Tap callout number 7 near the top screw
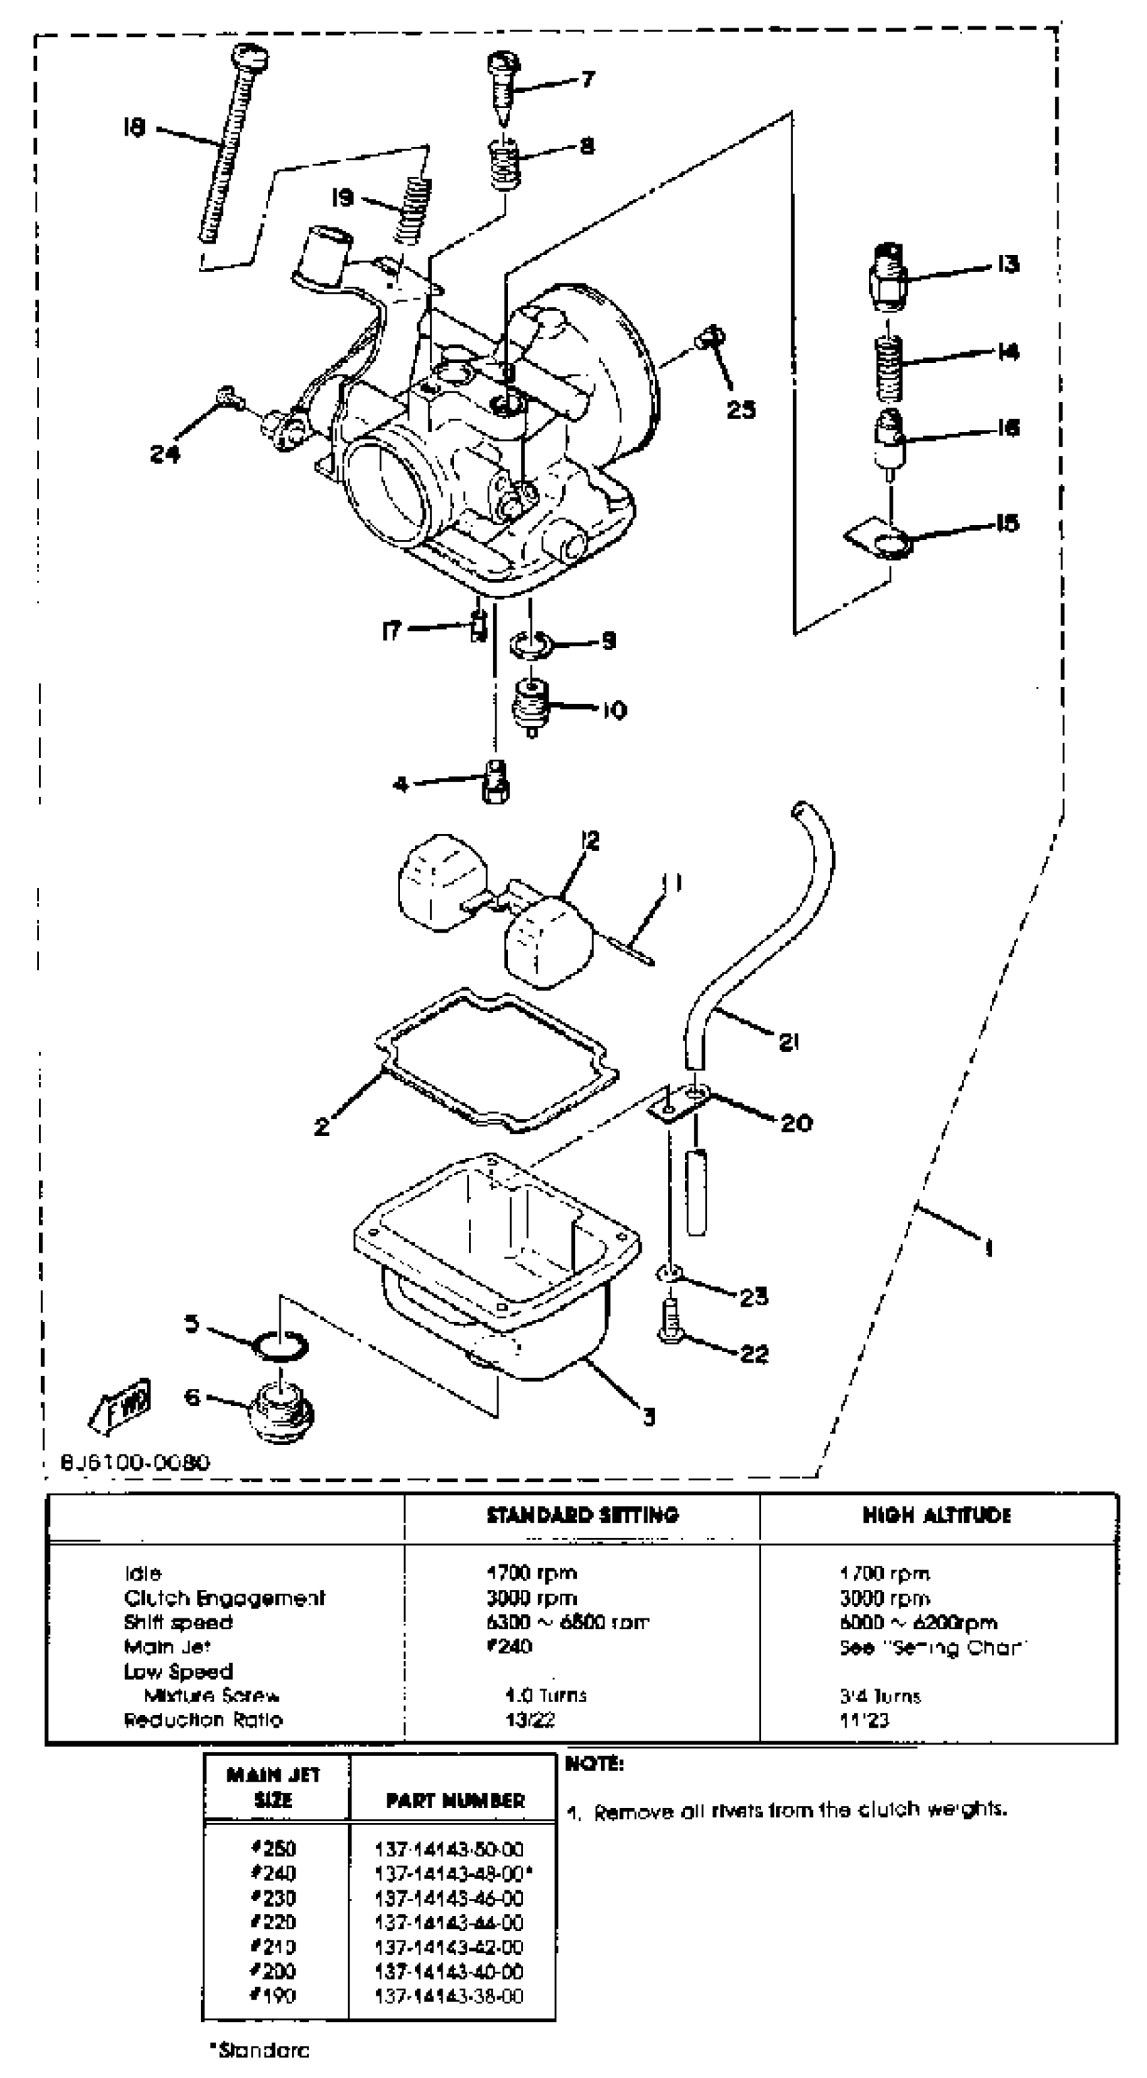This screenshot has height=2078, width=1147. coord(588,79)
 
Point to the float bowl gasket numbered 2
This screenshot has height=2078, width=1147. coord(496,1057)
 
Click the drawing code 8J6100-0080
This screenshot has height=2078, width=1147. coord(136,1461)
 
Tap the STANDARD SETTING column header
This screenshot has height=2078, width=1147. coord(582,1515)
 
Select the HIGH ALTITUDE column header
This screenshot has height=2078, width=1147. coord(936,1515)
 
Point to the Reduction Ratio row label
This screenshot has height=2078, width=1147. coord(202,1719)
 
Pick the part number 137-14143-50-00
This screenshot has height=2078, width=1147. coord(449,1848)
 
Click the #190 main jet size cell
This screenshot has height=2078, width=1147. coord(274,1995)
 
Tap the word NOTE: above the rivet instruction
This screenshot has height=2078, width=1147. coord(594,1763)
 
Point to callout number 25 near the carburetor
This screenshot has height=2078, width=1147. coord(740,409)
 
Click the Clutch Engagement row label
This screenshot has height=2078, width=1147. coord(224,1597)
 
